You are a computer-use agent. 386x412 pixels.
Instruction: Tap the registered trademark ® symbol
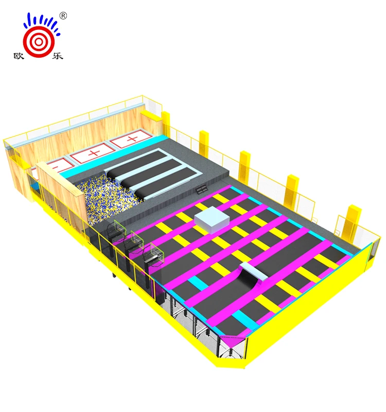tap(63, 16)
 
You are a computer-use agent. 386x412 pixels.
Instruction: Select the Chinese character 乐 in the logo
tap(58, 56)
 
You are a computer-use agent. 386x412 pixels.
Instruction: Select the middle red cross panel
tap(94, 153)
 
